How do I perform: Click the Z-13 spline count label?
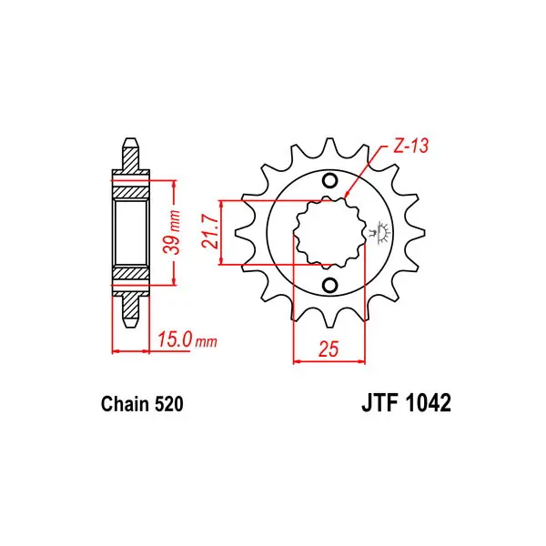click(x=410, y=147)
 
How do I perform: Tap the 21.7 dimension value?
click(x=211, y=231)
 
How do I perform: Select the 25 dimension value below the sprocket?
click(x=329, y=349)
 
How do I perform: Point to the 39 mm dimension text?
click(x=173, y=232)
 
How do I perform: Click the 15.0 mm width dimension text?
click(x=187, y=339)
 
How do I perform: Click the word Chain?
click(x=125, y=404)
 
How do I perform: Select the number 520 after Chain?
click(x=169, y=404)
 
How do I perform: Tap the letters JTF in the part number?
click(x=379, y=403)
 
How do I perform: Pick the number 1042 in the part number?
click(x=428, y=403)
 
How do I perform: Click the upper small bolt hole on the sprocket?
click(x=329, y=181)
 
